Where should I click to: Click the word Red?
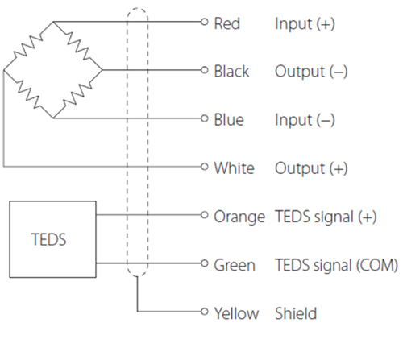click(226, 23)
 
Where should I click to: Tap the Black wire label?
click(231, 72)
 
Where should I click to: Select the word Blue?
click(229, 120)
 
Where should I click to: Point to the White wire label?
click(234, 168)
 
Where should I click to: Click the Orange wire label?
click(239, 217)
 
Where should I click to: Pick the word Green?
click(235, 265)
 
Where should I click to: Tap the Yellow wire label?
click(236, 313)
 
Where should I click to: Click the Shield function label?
click(296, 313)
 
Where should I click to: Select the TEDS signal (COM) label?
click(336, 265)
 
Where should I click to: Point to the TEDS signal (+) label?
click(326, 217)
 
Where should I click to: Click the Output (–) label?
click(311, 72)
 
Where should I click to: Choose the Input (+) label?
click(305, 24)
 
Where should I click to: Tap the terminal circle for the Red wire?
click(205, 22)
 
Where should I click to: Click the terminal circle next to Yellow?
click(205, 312)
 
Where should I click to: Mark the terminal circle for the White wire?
click(205, 167)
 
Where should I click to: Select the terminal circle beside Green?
click(205, 263)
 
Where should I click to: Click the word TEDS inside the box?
click(48, 239)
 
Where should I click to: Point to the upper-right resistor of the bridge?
click(78, 46)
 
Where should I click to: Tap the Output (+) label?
click(311, 169)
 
